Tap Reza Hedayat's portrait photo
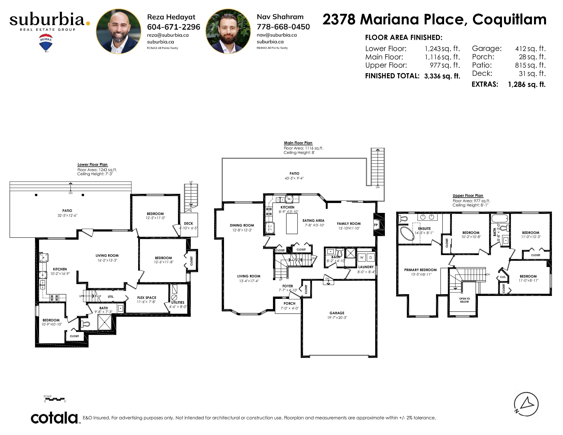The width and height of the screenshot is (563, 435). [119, 31]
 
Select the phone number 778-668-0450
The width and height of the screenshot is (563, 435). [283, 27]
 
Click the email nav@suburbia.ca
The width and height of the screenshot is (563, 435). [277, 35]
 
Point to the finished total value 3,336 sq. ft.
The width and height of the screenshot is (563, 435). [442, 76]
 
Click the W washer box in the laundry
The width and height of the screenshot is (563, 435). [362, 257]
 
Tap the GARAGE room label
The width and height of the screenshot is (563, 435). [337, 313]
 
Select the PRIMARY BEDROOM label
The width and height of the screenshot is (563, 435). [420, 270]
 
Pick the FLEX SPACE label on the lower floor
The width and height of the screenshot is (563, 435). [147, 297]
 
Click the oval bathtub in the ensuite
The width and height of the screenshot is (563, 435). [407, 234]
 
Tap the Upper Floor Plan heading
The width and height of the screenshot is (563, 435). [468, 196]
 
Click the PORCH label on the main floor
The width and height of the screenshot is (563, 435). [290, 303]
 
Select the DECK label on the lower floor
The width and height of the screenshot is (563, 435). [189, 223]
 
